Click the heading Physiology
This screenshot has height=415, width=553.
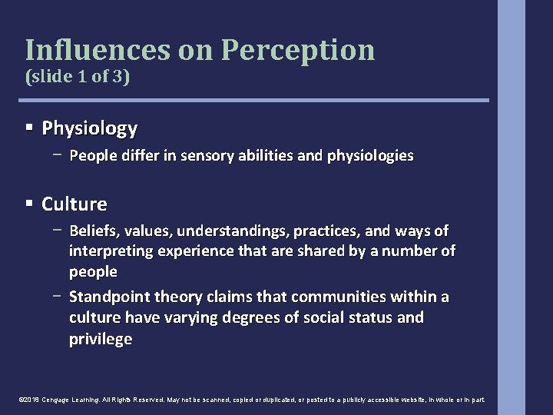[90, 127]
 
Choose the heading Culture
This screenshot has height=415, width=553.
[75, 204]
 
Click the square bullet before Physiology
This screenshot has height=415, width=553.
[29, 127]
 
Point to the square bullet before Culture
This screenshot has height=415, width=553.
[29, 204]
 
